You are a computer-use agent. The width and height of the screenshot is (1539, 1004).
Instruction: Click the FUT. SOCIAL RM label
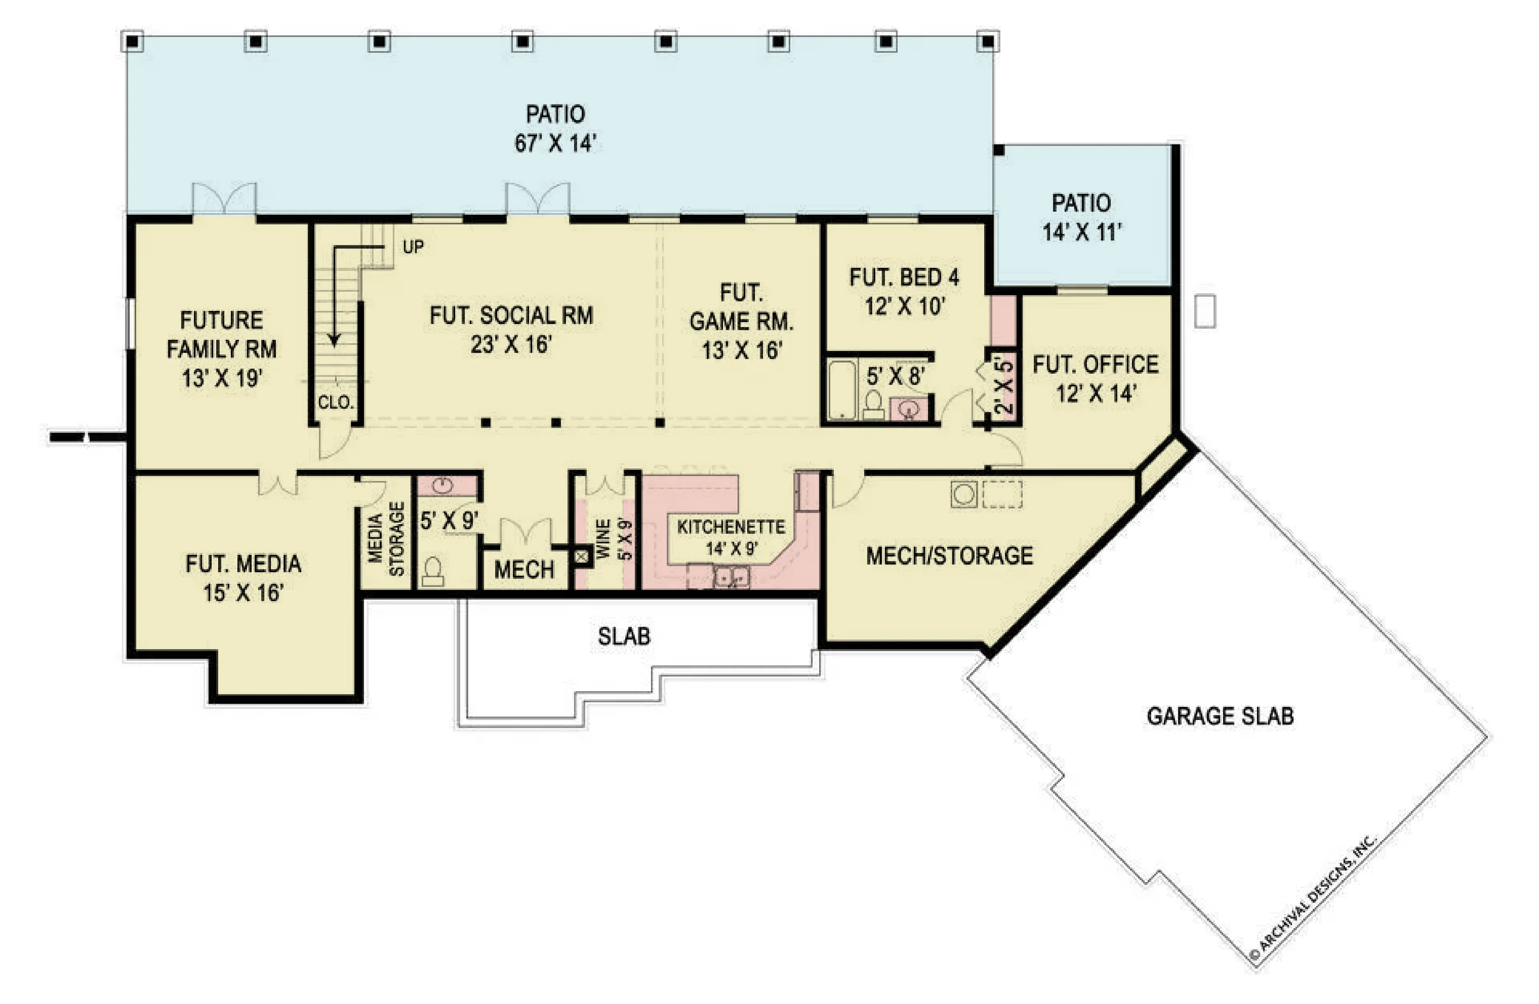pyautogui.click(x=511, y=316)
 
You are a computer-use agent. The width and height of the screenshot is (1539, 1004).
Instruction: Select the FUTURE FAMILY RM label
pyautogui.click(x=222, y=334)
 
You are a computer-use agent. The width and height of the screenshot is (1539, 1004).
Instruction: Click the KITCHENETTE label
pyautogui.click(x=731, y=526)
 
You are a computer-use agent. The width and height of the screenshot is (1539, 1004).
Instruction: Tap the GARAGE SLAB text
pyautogui.click(x=1220, y=716)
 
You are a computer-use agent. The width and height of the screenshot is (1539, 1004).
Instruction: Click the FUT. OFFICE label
pyautogui.click(x=1095, y=364)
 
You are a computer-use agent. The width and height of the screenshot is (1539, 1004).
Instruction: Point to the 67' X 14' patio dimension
pyautogui.click(x=555, y=143)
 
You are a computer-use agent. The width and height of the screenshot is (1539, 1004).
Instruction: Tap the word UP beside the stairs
pyautogui.click(x=413, y=246)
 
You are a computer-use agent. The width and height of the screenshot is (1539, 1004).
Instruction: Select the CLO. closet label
pyautogui.click(x=336, y=403)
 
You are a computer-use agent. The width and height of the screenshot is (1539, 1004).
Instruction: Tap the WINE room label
pyautogui.click(x=603, y=539)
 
